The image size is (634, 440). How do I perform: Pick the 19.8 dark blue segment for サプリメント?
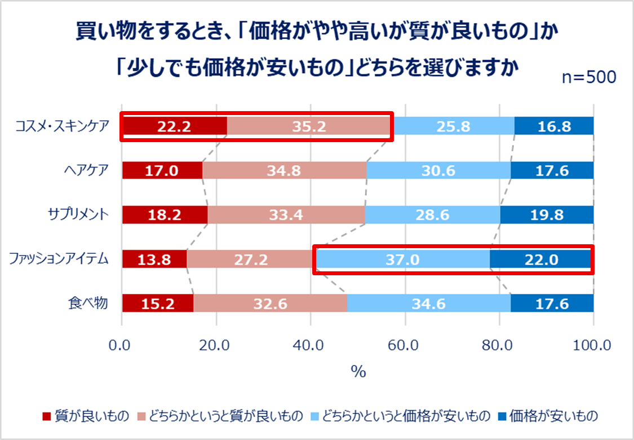(x=547, y=215)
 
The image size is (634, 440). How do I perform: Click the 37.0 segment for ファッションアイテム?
(x=402, y=259)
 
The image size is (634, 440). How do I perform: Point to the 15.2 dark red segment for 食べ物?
(x=158, y=303)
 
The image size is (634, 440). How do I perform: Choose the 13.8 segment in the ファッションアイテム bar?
(x=154, y=259)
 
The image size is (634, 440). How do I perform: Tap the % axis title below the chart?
(x=358, y=372)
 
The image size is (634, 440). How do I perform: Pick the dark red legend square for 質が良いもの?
(x=47, y=416)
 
